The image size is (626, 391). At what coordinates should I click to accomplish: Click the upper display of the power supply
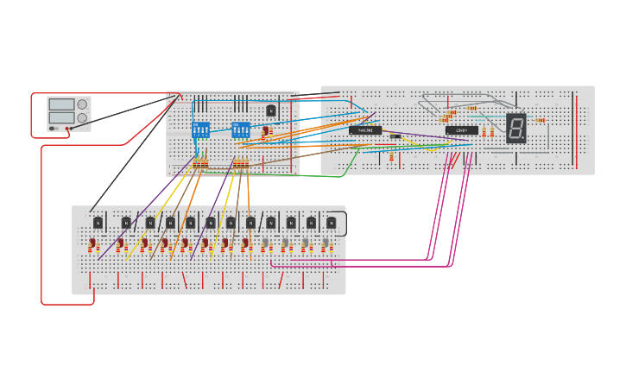tap(61, 104)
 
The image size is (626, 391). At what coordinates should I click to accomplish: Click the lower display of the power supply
tap(61, 117)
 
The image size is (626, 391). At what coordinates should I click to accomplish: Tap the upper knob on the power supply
tap(82, 104)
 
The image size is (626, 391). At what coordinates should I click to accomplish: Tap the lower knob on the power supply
tap(82, 118)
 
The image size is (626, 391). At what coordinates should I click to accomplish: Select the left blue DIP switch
tap(200, 129)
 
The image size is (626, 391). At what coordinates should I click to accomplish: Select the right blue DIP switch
tap(240, 129)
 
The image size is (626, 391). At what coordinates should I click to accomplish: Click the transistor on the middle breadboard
tap(271, 110)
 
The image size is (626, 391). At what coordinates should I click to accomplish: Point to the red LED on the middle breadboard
tap(266, 131)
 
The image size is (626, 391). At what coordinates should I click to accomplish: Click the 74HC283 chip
tap(365, 130)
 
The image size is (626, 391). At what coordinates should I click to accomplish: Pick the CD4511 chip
tap(461, 130)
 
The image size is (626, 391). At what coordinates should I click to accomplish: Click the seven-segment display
tap(515, 128)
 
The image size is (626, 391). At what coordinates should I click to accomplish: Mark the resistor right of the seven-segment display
tap(541, 120)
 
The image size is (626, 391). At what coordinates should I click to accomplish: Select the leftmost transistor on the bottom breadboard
tap(98, 223)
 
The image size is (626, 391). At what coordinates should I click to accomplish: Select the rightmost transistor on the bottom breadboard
tap(331, 223)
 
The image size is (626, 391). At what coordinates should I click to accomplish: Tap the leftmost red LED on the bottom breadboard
tap(93, 244)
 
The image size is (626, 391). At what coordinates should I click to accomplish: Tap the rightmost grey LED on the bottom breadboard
tap(326, 244)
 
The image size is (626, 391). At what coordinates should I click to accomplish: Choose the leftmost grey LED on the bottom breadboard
tap(266, 244)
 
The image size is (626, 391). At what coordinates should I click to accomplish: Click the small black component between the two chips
tap(395, 136)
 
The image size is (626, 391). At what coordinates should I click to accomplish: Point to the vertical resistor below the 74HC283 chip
tap(391, 157)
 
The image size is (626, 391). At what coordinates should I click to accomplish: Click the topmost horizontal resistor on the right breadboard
tap(472, 108)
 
